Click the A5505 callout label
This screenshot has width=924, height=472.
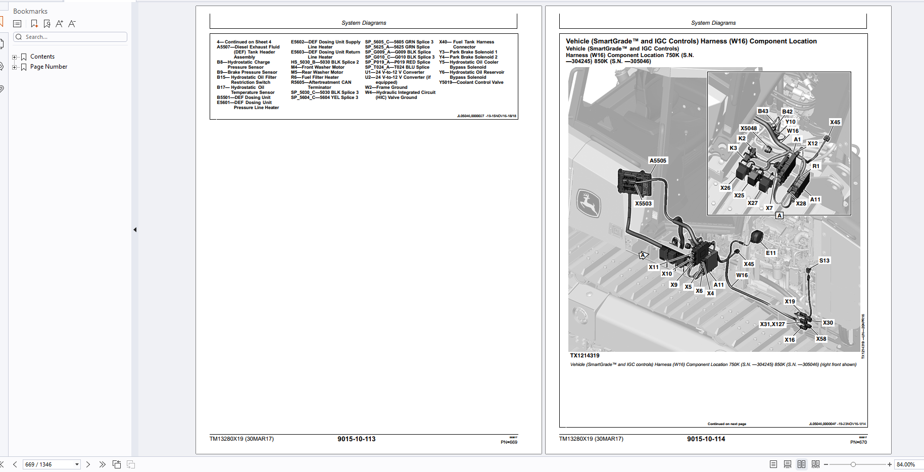pyautogui.click(x=658, y=161)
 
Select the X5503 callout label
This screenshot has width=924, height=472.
pyautogui.click(x=643, y=203)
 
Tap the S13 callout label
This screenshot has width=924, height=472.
pyautogui.click(x=824, y=260)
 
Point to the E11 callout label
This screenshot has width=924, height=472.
pyautogui.click(x=770, y=253)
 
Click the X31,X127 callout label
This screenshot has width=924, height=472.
pyautogui.click(x=772, y=324)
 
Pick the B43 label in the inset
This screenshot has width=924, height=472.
pyautogui.click(x=763, y=111)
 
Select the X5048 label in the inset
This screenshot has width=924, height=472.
pyautogui.click(x=748, y=128)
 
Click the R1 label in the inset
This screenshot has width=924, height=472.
pyautogui.click(x=816, y=166)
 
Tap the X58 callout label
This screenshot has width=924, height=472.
pyautogui.click(x=821, y=339)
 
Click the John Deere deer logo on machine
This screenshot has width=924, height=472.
pyautogui.click(x=588, y=204)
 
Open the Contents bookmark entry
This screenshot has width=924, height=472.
pyautogui.click(x=42, y=57)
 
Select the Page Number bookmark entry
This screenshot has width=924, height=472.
pyautogui.click(x=48, y=67)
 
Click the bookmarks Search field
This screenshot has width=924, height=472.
pyautogui.click(x=71, y=37)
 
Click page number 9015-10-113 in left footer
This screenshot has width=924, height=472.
pyautogui.click(x=356, y=439)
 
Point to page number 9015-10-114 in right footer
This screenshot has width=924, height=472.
pyautogui.click(x=706, y=439)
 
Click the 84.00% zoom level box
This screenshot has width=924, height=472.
pyautogui.click(x=907, y=464)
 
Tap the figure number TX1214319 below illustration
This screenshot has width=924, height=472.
pyautogui.click(x=585, y=355)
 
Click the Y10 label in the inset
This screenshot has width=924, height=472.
pyautogui.click(x=790, y=122)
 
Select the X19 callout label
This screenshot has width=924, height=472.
pyautogui.click(x=789, y=301)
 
